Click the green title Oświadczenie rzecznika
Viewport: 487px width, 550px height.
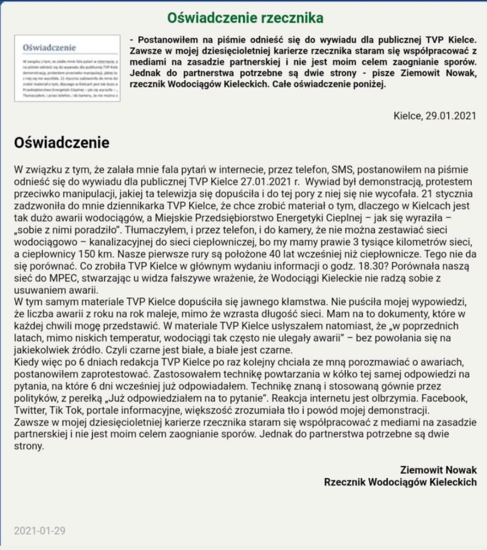point(245,18)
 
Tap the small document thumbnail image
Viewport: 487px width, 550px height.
point(67,68)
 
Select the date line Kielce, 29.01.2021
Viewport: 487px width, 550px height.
point(434,116)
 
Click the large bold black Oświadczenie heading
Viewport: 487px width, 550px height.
point(62,143)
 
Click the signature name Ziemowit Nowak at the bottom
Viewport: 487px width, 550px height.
point(438,470)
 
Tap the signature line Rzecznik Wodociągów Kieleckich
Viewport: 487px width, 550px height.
point(400,482)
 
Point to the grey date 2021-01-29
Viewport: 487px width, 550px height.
point(40,530)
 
